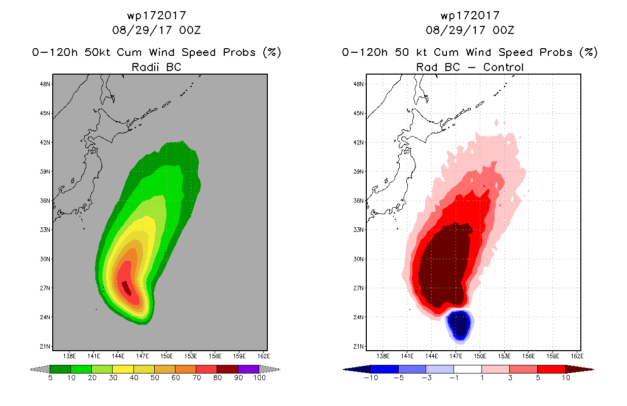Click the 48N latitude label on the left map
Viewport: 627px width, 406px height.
pyautogui.click(x=45, y=84)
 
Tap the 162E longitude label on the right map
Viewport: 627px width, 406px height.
pyautogui.click(x=577, y=356)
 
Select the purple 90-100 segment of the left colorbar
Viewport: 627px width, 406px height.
pyautogui.click(x=249, y=369)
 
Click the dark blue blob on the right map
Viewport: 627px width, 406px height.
pyautogui.click(x=460, y=326)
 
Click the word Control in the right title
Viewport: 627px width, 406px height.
pyautogui.click(x=503, y=67)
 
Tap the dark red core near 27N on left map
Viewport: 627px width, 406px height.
pyautogui.click(x=126, y=288)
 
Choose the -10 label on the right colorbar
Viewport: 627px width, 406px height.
pyautogui.click(x=371, y=378)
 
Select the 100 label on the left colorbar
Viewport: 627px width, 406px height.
pyautogui.click(x=259, y=378)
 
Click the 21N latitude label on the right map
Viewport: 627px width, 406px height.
pyautogui.click(x=358, y=347)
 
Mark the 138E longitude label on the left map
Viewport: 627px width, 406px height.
pyautogui.click(x=69, y=356)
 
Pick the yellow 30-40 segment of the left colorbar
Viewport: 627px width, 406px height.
pyautogui.click(x=123, y=369)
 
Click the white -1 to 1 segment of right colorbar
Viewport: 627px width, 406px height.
pyautogui.click(x=468, y=369)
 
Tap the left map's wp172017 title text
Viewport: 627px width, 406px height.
pyautogui.click(x=156, y=15)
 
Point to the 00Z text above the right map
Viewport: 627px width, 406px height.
pyautogui.click(x=503, y=30)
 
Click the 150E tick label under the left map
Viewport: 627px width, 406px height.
pyautogui.click(x=166, y=356)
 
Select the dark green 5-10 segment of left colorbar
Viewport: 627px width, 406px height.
pyautogui.click(x=60, y=369)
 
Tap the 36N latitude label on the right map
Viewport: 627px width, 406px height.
pyautogui.click(x=358, y=201)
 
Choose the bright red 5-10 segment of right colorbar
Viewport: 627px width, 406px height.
pyautogui.click(x=551, y=369)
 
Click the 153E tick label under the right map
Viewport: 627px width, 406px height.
pyautogui.click(x=504, y=356)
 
